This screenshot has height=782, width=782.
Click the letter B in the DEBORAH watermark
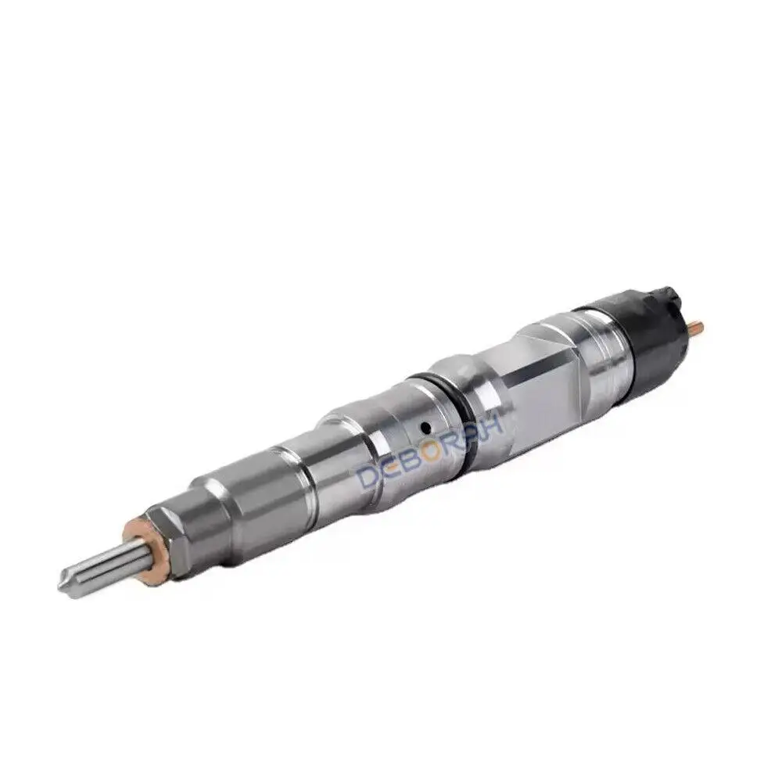[421, 462]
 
